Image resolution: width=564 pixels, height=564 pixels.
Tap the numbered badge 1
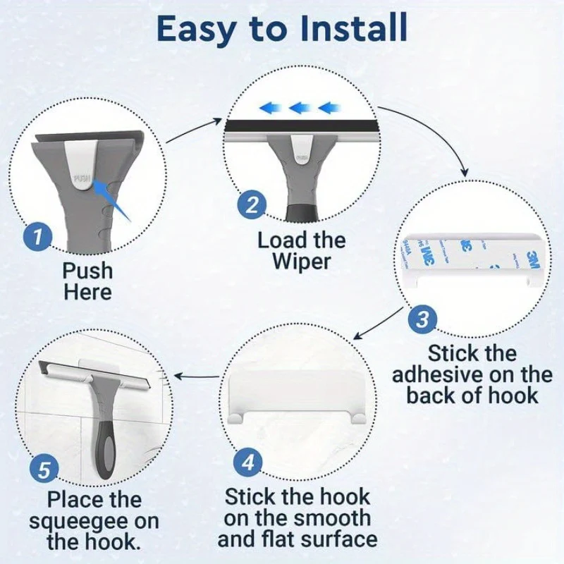(x=38, y=235)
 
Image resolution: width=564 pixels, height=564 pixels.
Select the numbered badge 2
(x=252, y=205)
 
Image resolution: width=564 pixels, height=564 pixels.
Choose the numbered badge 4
(x=247, y=463)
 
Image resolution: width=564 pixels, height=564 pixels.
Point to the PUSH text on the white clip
(x=82, y=179)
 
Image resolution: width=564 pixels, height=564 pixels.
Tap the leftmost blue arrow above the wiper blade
(x=268, y=108)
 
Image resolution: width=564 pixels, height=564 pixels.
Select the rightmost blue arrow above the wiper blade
(x=329, y=108)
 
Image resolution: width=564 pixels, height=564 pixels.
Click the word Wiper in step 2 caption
(x=301, y=262)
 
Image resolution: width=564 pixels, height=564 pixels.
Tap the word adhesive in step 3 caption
(x=444, y=374)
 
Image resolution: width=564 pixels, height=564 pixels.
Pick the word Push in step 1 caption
(x=87, y=270)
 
